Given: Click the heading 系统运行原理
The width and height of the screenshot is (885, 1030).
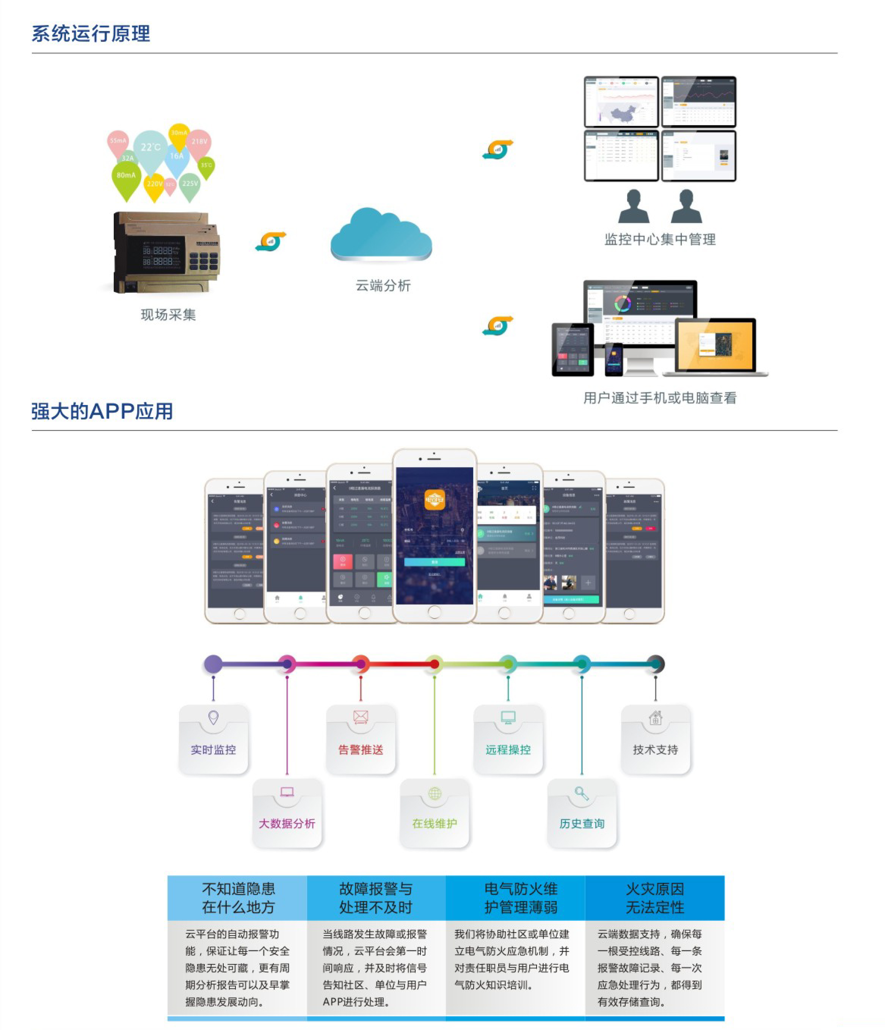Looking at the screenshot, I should [91, 34].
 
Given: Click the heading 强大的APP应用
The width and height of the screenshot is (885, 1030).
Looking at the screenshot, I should [102, 411].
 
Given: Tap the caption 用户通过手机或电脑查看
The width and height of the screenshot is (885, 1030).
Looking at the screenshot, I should [659, 398].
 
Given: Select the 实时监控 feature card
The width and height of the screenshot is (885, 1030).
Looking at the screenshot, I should [213, 739].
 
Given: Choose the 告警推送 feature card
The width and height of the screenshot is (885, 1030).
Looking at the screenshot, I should [361, 739].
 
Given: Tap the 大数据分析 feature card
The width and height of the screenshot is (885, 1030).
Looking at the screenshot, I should [287, 813].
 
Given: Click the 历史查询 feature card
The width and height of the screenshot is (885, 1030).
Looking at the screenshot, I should [582, 813].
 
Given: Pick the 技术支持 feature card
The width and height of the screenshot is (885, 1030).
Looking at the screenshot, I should [656, 739].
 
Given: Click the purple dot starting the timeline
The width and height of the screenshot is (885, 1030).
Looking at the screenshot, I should [213, 664].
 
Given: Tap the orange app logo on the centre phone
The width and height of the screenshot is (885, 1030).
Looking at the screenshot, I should [434, 499].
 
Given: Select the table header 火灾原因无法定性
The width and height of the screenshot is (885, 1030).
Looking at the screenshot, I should [654, 898].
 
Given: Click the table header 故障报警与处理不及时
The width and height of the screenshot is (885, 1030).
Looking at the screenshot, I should [376, 898].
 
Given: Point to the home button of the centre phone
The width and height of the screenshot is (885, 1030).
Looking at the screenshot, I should [434, 612].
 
